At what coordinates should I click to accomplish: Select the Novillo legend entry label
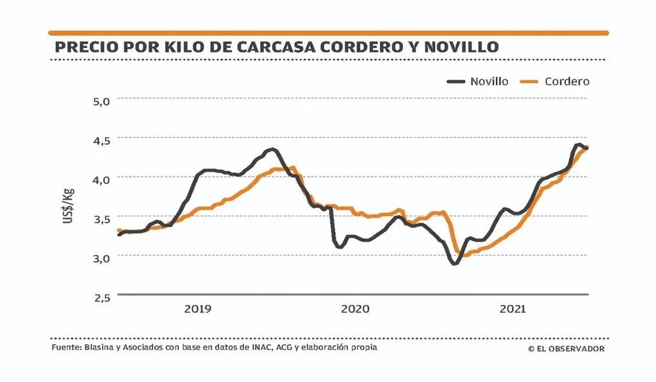pos(489,81)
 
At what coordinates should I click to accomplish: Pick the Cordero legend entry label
pos(567,81)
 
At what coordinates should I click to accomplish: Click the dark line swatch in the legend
pos(456,81)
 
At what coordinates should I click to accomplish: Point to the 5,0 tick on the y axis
pos(102,100)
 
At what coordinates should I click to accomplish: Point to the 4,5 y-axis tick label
pos(102,139)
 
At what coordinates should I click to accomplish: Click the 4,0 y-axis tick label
pos(102,179)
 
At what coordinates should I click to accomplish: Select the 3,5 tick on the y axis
pos(102,218)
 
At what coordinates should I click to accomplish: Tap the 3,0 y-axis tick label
pos(102,257)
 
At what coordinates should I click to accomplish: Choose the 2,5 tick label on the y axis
pos(102,297)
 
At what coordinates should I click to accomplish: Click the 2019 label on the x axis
pos(197,309)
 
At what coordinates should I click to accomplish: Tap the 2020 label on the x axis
pos(355,309)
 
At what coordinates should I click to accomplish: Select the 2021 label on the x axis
pos(512,309)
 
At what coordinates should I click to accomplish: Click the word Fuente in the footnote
pos(65,348)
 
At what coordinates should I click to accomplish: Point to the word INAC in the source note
pos(256,348)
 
